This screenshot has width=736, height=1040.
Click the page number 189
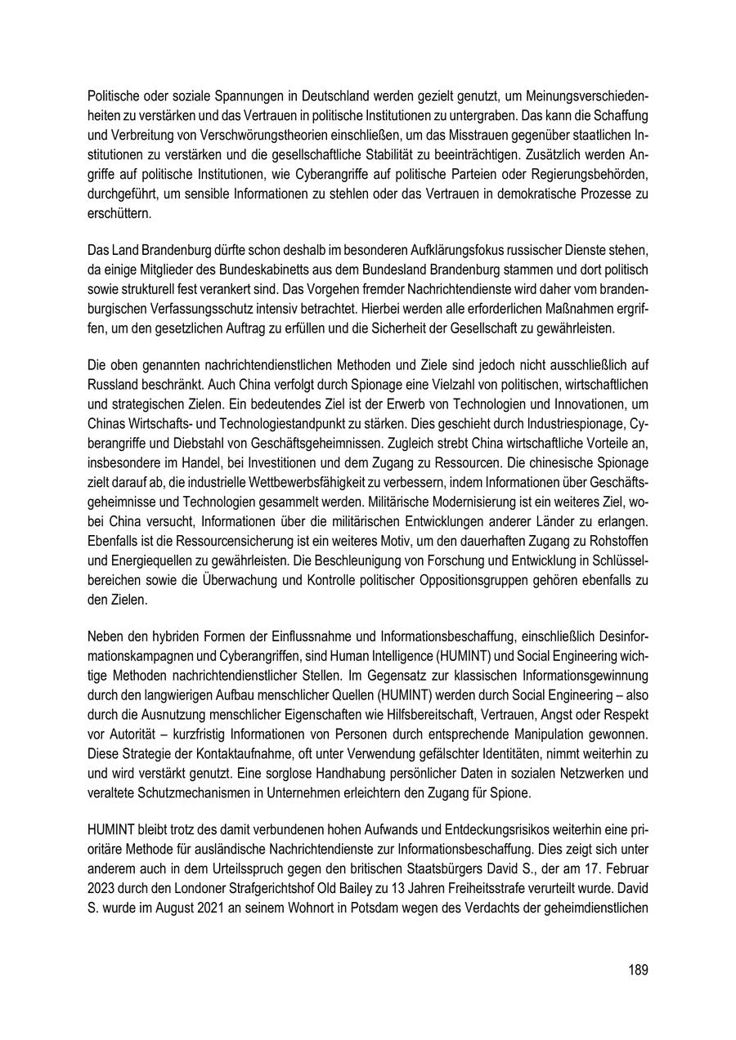(x=638, y=970)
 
